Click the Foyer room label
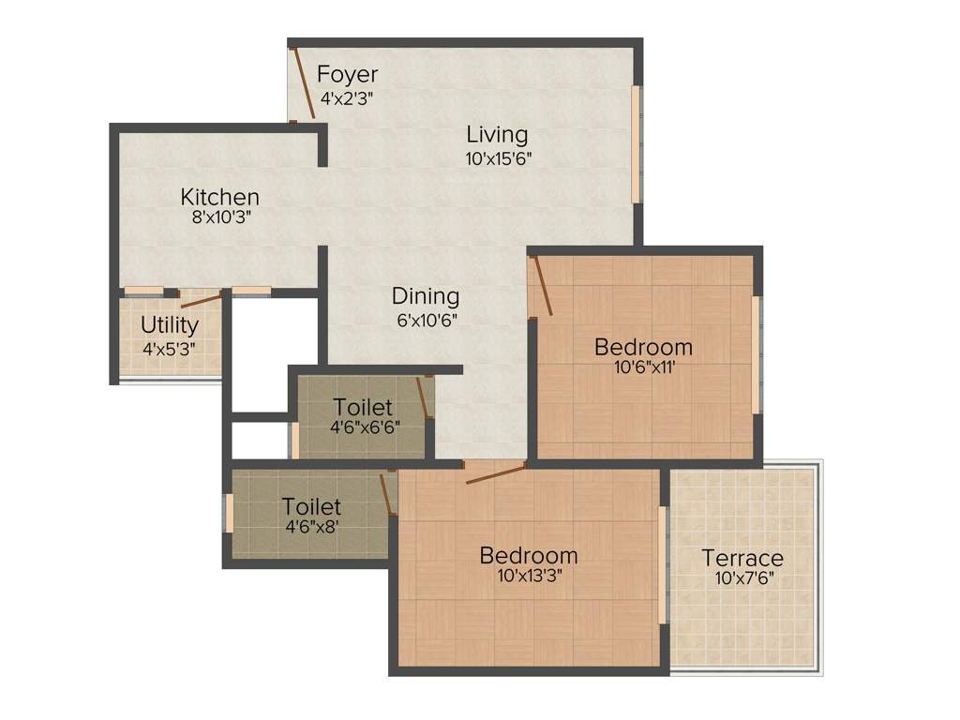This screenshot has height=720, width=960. (347, 74)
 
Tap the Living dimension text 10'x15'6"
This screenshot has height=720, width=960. (499, 158)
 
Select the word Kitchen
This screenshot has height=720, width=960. (219, 197)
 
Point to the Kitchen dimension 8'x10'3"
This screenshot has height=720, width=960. (219, 217)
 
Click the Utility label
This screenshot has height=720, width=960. (170, 325)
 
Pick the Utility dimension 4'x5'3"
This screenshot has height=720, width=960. (169, 348)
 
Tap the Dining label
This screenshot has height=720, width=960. (426, 296)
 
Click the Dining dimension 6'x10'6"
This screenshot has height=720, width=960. (425, 319)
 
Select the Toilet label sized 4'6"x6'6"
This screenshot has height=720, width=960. (363, 407)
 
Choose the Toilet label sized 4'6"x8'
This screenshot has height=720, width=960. (311, 506)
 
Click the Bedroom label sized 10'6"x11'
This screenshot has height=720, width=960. (643, 347)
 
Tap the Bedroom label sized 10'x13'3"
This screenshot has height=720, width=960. (529, 555)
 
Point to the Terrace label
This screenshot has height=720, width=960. (742, 559)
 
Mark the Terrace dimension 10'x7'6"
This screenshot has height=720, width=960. (743, 578)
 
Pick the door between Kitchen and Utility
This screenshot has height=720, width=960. (202, 300)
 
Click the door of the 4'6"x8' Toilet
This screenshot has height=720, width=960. (386, 493)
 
